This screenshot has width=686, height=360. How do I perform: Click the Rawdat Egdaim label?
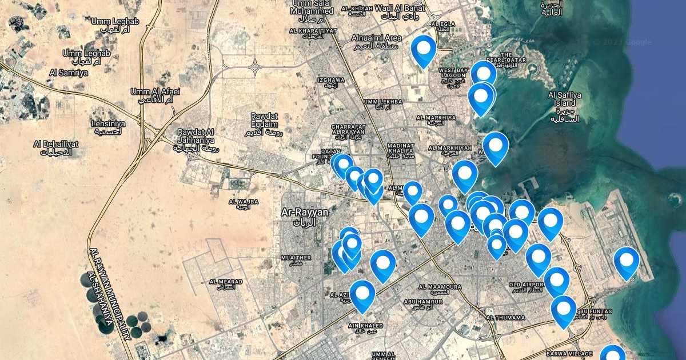(265, 120)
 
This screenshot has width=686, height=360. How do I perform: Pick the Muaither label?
(296, 258)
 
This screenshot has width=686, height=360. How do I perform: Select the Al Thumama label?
(505, 317)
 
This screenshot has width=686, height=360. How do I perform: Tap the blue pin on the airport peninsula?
(627, 262)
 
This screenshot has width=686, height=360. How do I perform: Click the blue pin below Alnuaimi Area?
(424, 50)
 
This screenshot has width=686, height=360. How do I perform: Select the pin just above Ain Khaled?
(362, 295)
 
